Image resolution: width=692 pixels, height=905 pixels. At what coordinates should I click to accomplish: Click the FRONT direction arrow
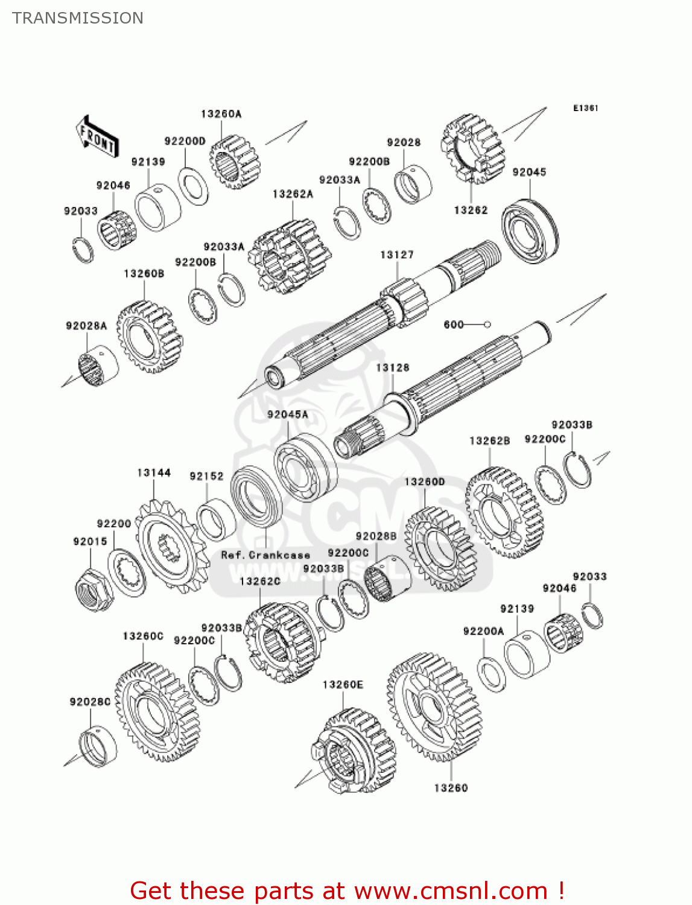coord(97,137)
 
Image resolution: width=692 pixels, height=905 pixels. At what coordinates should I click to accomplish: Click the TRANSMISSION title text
coord(78,18)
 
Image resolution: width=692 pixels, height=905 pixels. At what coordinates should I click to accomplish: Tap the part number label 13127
coord(396,255)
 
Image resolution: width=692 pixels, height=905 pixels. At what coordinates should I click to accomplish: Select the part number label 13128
coord(392,367)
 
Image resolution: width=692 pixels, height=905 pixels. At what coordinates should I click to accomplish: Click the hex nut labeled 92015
coord(94,589)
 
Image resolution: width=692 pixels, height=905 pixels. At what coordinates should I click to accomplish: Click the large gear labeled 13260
coord(434,706)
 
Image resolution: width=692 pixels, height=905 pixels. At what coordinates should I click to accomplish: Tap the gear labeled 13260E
coord(355,751)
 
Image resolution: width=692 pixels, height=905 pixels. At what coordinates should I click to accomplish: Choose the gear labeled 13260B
coord(149,337)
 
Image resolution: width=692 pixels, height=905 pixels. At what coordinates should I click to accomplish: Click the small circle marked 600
coord(487,325)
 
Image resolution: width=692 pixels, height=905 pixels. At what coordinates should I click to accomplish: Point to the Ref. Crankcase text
coord(265,555)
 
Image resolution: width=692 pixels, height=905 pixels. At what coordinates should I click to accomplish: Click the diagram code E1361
coord(585,108)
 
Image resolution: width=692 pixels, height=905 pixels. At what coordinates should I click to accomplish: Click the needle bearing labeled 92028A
coord(97,366)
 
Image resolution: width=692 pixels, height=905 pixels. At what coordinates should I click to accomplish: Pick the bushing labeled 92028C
coord(98,748)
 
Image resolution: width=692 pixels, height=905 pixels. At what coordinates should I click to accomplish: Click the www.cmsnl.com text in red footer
coord(451,891)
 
